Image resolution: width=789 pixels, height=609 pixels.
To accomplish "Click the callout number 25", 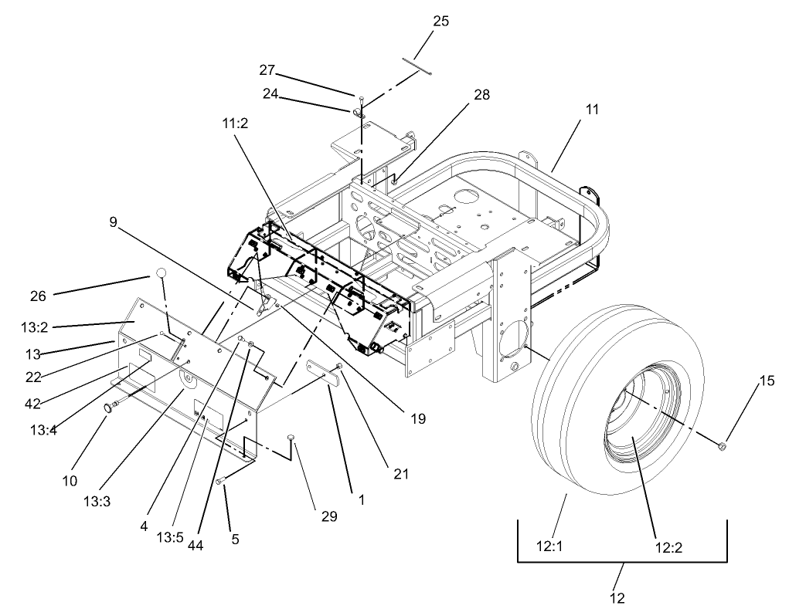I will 440,21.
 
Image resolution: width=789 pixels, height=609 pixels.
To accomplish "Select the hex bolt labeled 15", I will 722,446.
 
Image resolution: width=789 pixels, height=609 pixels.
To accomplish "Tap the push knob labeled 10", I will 110,406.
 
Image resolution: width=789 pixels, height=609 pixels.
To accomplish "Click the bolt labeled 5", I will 221,481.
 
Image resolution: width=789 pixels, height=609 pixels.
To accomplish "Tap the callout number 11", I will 592,110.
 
